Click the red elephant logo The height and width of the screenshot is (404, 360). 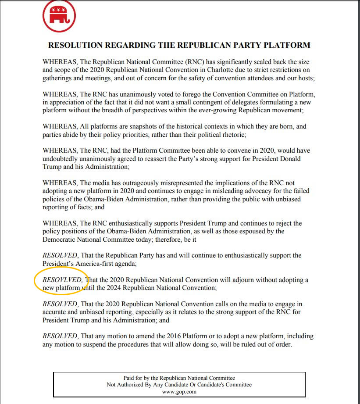point(59,16)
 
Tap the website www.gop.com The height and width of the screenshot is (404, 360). point(179,392)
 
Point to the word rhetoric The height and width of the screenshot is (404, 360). point(232,135)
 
